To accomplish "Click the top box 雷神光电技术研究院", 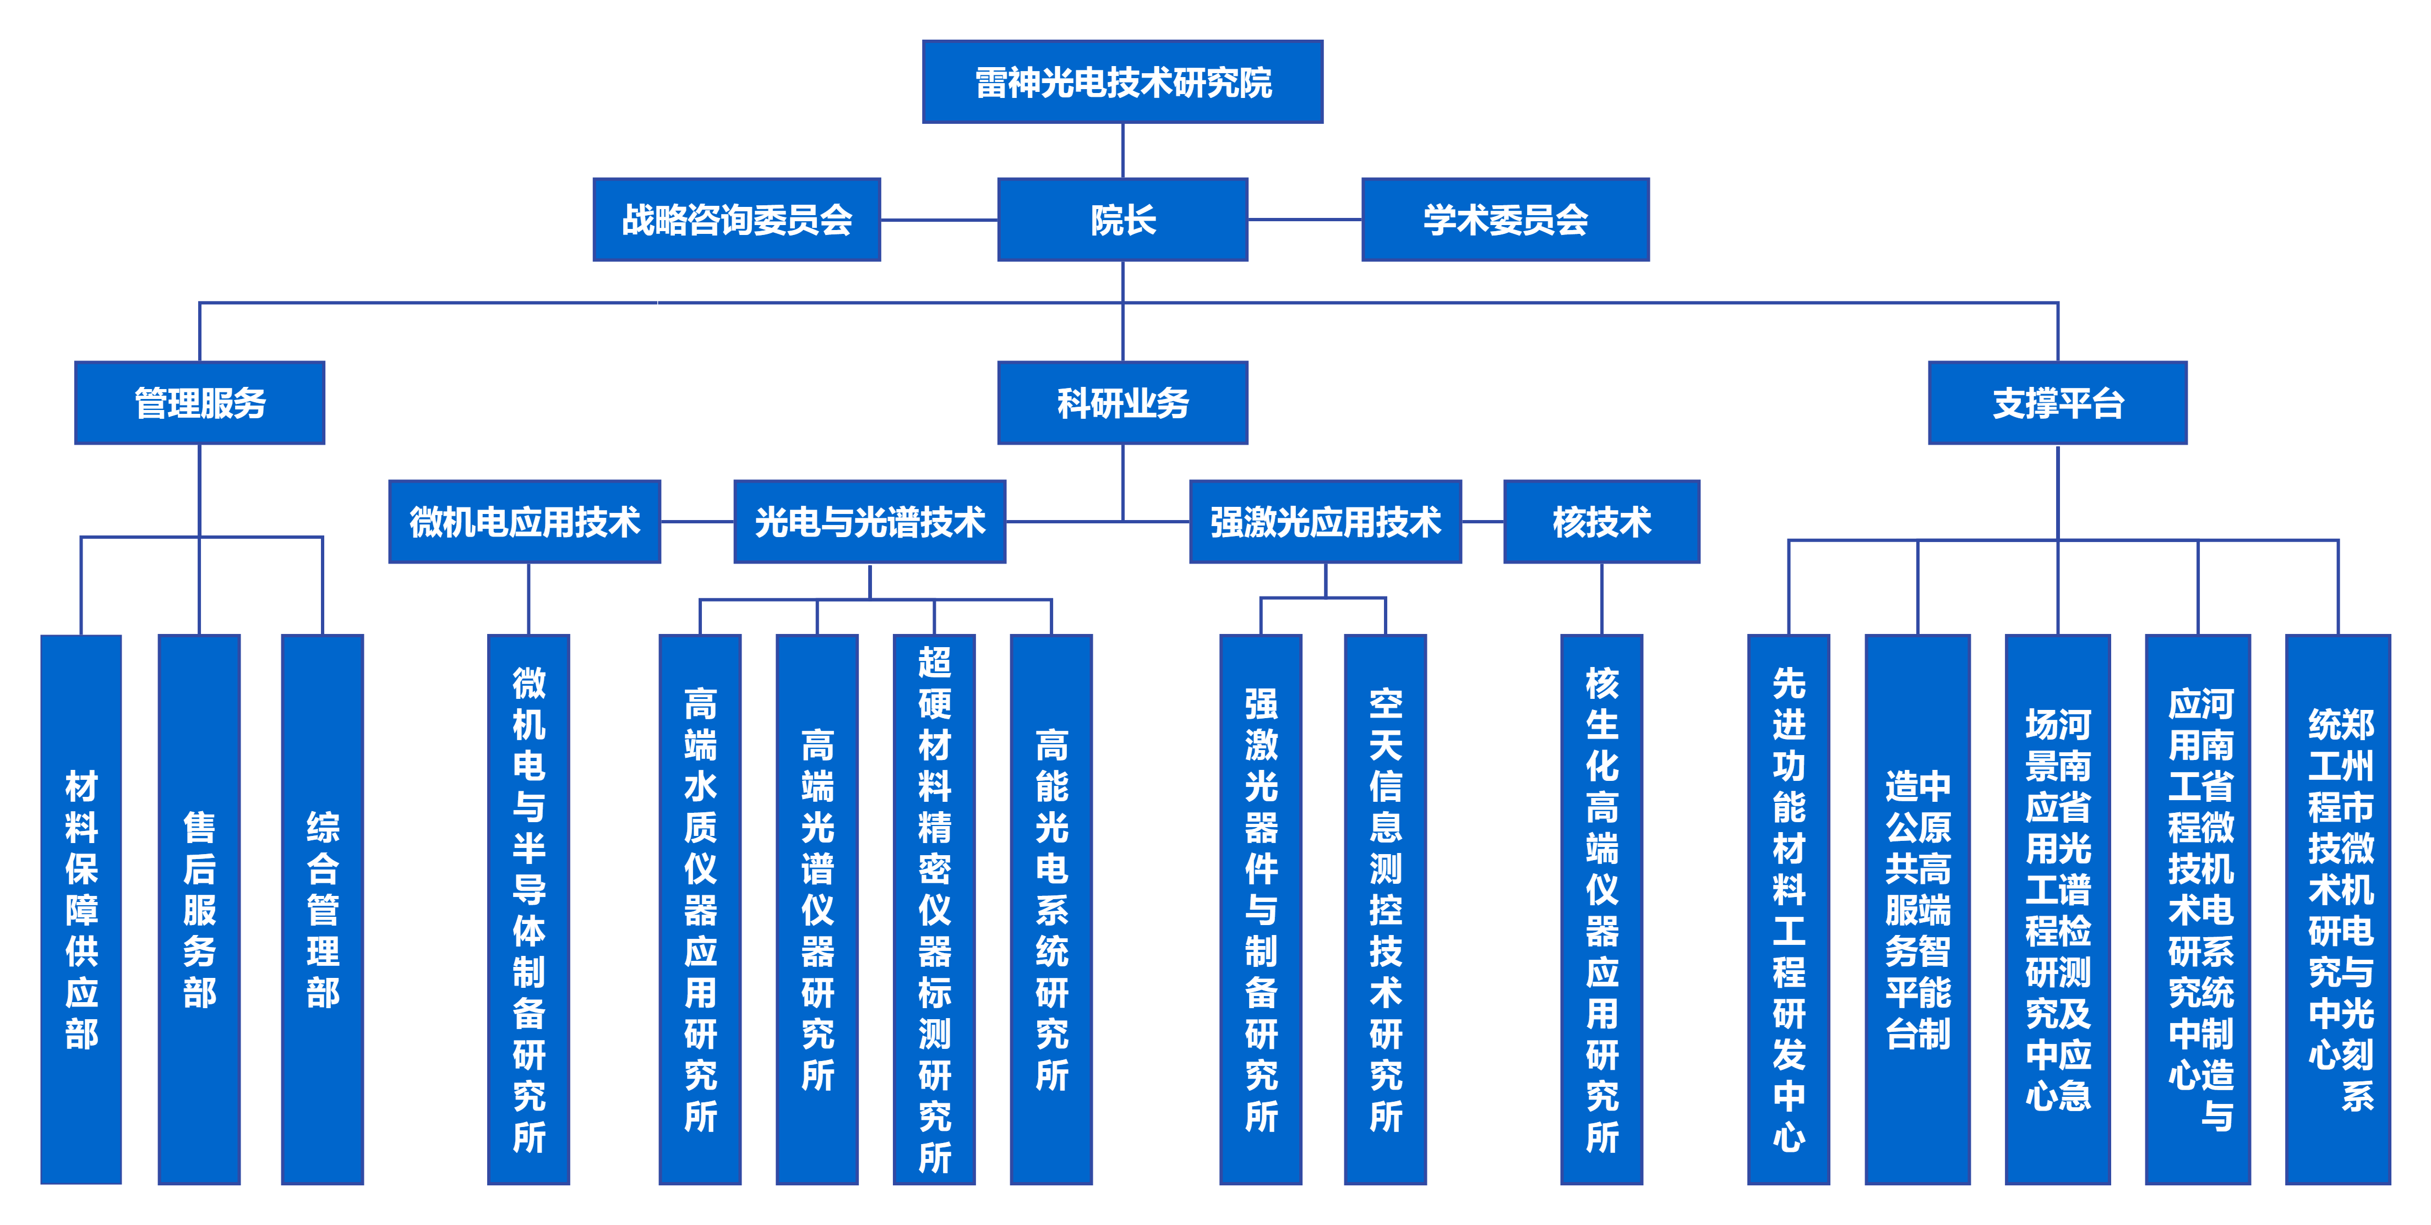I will click(x=1122, y=82).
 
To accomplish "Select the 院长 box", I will click(x=1122, y=220).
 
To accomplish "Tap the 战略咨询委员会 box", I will click(x=736, y=220).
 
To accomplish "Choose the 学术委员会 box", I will click(x=1505, y=220).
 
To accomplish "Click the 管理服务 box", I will click(x=199, y=403).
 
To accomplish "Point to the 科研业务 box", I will click(x=1122, y=403).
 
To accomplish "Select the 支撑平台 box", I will click(x=2057, y=403).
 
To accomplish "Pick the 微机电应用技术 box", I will click(x=525, y=522).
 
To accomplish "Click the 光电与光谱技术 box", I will click(x=869, y=522).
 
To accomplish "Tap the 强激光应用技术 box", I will click(x=1325, y=522).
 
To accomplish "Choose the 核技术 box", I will click(x=1601, y=522).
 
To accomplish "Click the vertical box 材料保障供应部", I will click(x=81, y=909).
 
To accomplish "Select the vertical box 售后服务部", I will click(x=199, y=909).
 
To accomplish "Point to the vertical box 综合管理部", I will click(x=323, y=909).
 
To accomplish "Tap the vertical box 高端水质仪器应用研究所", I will click(x=700, y=909).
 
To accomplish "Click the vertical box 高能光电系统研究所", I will click(x=1051, y=909).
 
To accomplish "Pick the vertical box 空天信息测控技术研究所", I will click(x=1386, y=909).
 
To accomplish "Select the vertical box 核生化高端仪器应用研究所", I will click(x=1601, y=909).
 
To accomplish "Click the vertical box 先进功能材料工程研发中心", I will click(x=1789, y=909).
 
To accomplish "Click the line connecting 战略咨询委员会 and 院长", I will click(x=939, y=220).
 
